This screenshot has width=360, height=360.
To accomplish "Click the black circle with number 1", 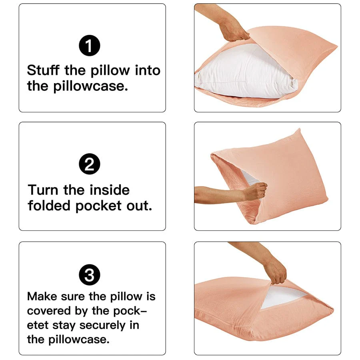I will [x=90, y=47].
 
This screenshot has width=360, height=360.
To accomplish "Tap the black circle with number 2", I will [x=90, y=165].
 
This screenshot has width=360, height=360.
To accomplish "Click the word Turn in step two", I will [x=43, y=190].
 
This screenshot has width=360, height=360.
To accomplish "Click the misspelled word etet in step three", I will [x=38, y=325].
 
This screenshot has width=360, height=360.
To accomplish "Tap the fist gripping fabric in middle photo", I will [x=255, y=191].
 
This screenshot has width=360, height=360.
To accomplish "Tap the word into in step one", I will [x=147, y=70].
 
